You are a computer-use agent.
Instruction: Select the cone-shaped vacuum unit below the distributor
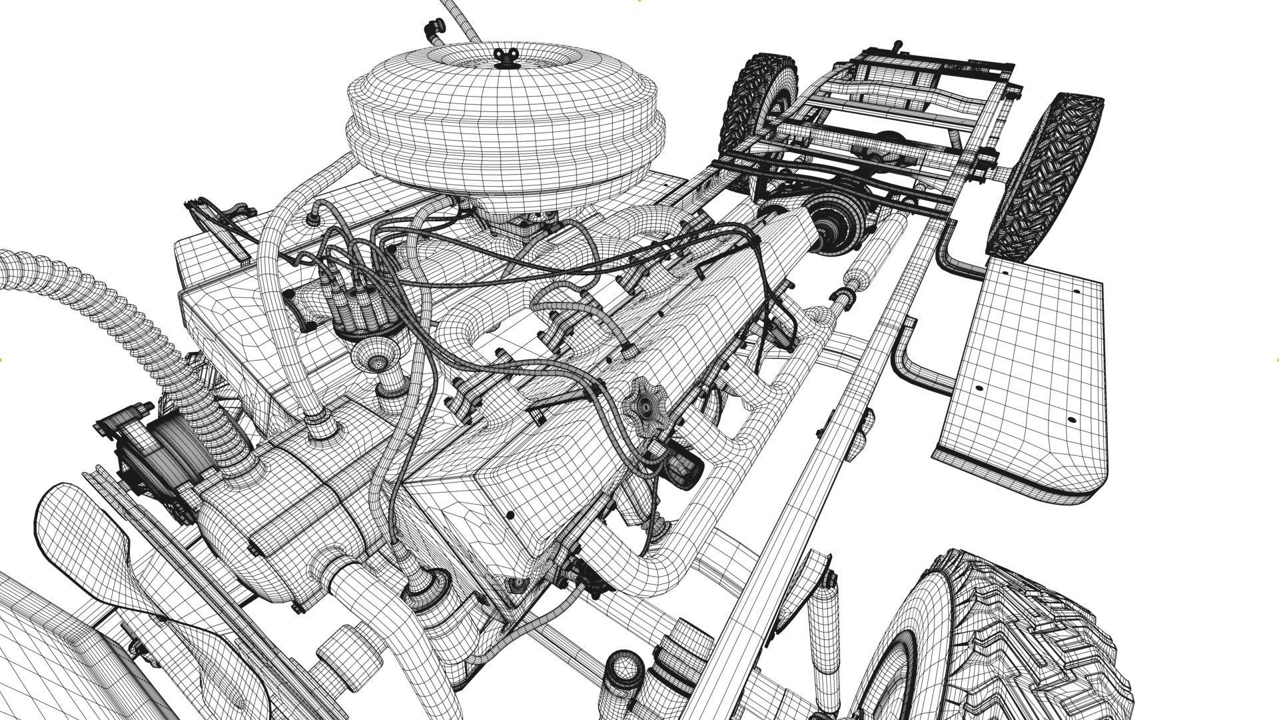376,360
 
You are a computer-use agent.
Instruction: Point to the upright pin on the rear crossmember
896,47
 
